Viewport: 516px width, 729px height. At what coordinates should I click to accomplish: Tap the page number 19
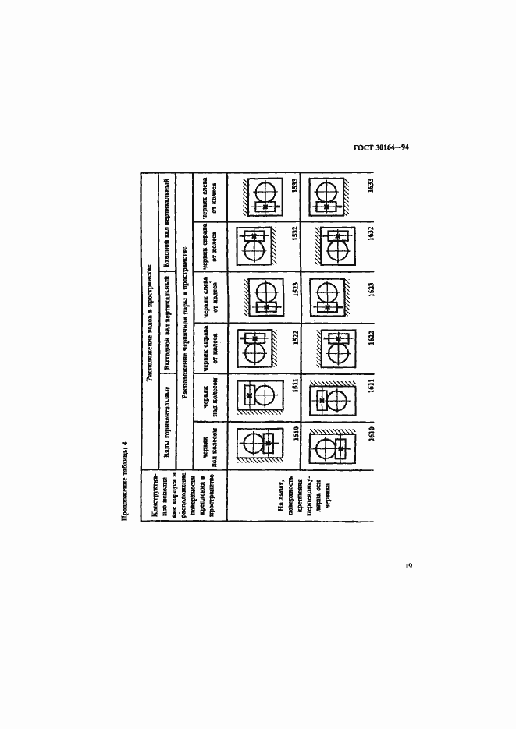point(408,566)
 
